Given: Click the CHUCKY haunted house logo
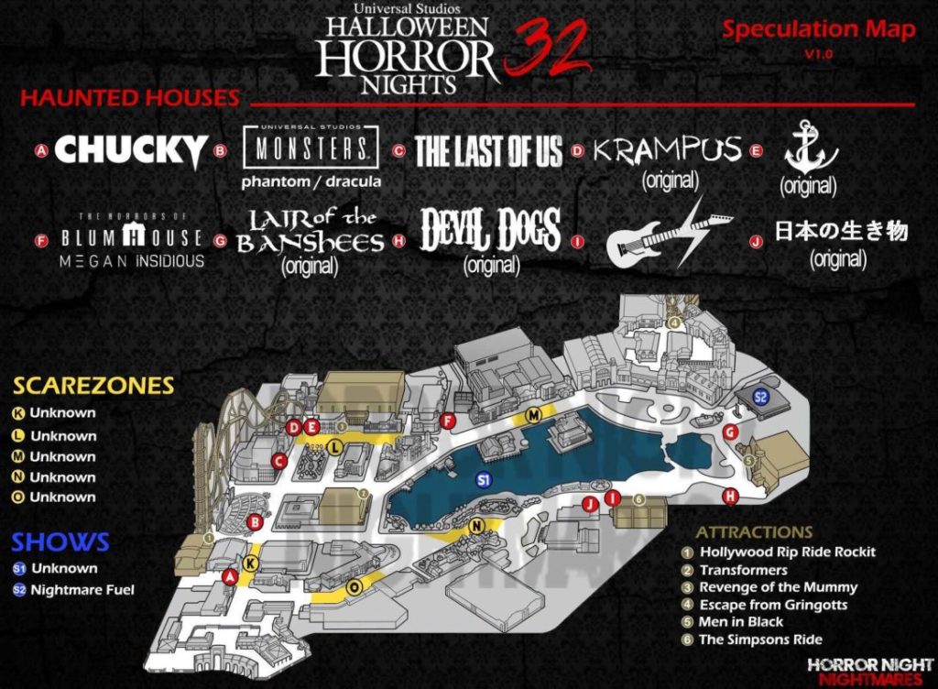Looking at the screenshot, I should coord(131,150).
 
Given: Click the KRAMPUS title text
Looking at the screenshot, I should coord(666,149).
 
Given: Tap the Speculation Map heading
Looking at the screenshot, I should coord(818,29).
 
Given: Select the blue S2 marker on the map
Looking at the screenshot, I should coord(759,397).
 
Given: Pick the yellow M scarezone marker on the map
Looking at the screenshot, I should coord(533,415).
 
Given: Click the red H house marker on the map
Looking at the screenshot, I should coord(730,497).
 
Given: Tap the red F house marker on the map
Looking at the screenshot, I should coord(448,421).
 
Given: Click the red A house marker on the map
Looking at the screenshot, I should coord(230,575).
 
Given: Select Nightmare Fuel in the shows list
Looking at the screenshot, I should coord(82,590).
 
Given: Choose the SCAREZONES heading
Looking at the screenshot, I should coord(93,386).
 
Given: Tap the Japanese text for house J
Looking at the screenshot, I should coord(841,231).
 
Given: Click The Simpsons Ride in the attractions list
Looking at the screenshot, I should coord(760,640).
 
